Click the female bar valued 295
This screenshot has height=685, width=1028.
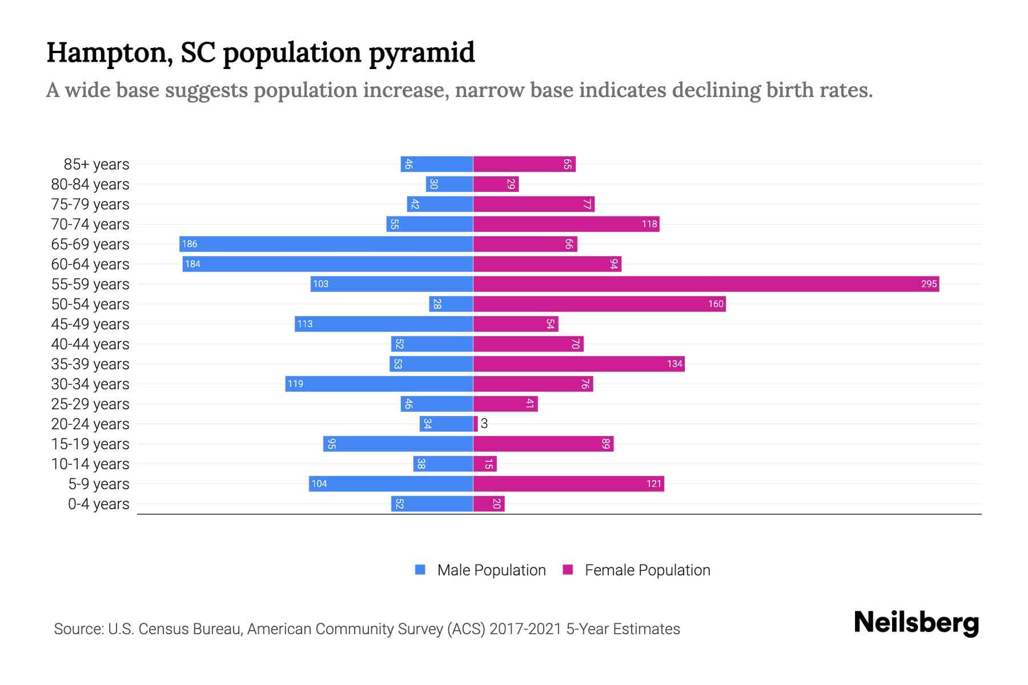point(706,284)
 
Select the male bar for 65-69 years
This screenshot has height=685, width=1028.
point(326,244)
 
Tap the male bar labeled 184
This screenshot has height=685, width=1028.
point(328,264)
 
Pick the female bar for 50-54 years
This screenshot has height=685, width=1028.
point(599,304)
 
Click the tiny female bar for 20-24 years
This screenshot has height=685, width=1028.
point(476,424)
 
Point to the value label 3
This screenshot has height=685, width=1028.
point(484,424)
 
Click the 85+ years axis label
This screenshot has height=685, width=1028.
point(97,164)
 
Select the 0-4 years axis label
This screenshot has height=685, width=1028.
point(99,504)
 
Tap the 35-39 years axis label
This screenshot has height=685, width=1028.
point(90,364)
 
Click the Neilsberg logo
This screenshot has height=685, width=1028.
point(916,623)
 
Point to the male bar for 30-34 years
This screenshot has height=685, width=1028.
point(379,384)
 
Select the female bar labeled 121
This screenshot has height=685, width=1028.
point(568,483)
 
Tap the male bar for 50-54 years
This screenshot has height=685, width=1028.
point(451,304)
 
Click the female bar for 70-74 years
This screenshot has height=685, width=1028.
point(566,224)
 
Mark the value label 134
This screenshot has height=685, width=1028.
point(674,364)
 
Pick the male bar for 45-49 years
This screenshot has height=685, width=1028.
point(384,324)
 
